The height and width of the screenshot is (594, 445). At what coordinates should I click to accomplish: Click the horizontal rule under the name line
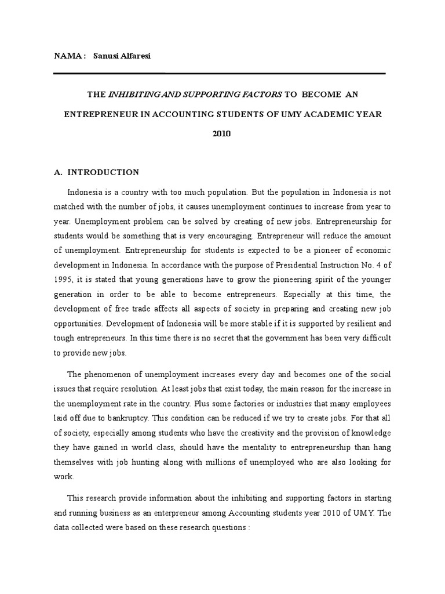coord(219,74)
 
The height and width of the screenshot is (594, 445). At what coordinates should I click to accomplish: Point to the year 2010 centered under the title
coord(222,133)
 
